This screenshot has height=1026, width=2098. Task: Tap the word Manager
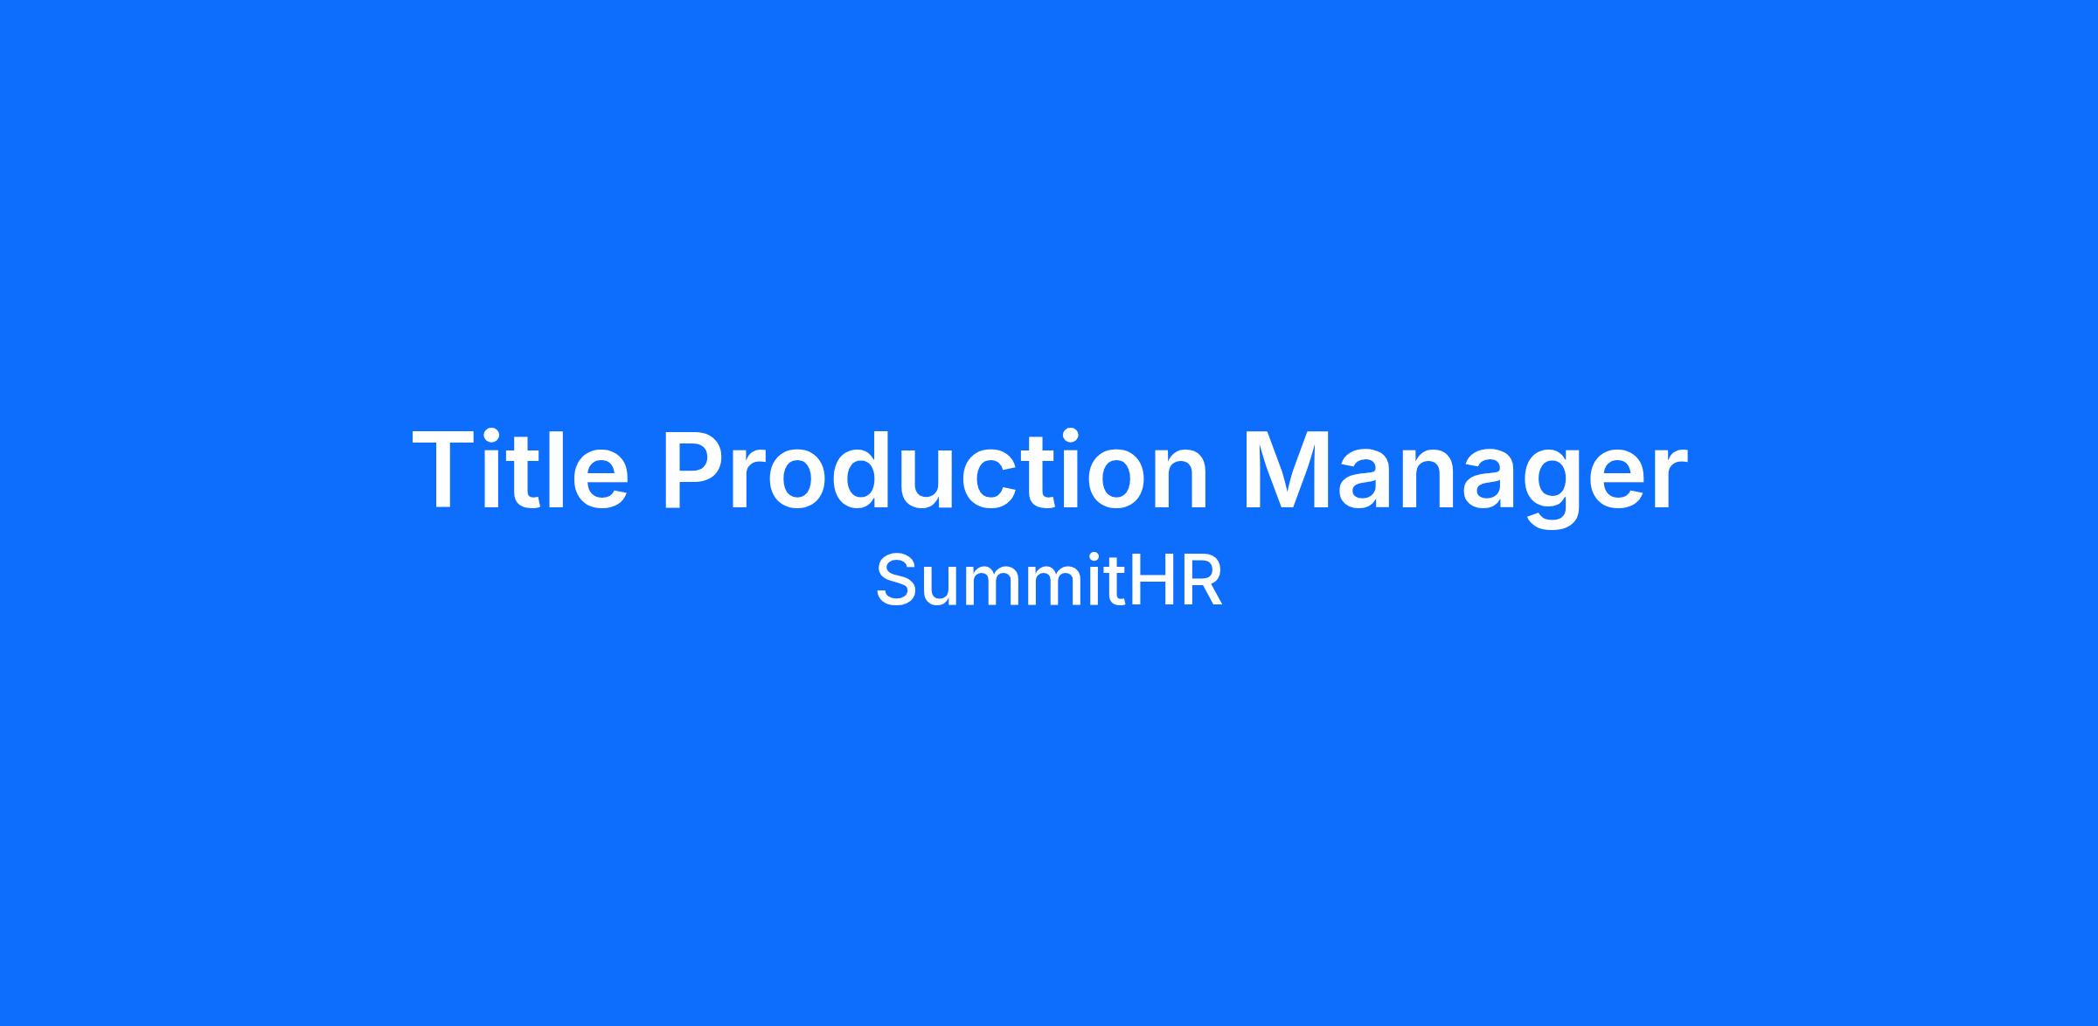(1465, 478)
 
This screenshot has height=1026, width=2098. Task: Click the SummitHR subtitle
(1049, 582)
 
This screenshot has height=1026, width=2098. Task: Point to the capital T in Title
(445, 470)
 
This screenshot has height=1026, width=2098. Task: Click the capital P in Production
(695, 470)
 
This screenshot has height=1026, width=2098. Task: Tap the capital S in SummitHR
(897, 582)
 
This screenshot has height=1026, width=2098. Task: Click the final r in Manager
(1671, 480)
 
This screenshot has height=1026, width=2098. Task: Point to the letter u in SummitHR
(942, 589)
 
